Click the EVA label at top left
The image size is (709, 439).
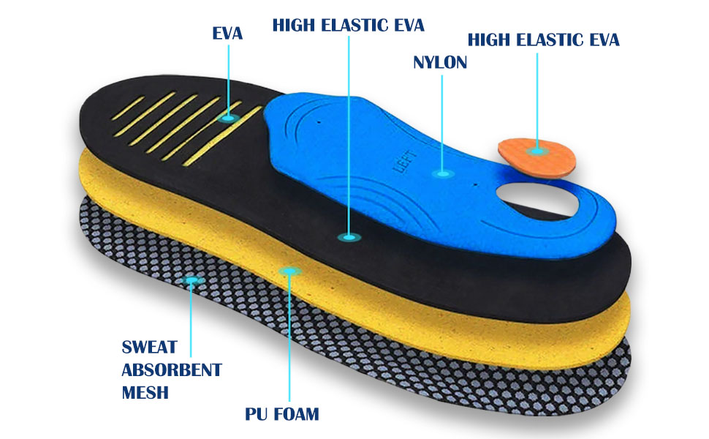pos(227,33)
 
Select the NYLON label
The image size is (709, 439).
pos(440,62)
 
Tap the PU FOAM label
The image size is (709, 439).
pos(282,414)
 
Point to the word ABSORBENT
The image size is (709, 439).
pos(172,369)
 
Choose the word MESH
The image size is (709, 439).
pos(145,392)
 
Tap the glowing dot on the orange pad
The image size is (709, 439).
pos(537,150)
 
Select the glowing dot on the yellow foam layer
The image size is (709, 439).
pos(290,271)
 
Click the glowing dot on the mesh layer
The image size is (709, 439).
pos(192,280)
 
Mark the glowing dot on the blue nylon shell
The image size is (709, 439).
pos(441,173)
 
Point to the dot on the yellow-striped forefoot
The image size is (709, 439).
pos(230,117)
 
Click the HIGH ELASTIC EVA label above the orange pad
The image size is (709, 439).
pos(543,40)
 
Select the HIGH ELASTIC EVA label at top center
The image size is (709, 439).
pos(348,25)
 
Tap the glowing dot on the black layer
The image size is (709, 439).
pos(349,236)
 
